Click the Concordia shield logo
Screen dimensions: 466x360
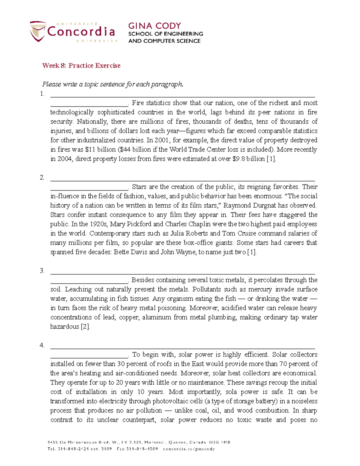click(37, 31)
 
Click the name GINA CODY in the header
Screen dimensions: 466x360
click(154, 26)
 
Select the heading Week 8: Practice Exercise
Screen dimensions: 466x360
click(81, 66)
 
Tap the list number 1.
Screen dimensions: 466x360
click(42, 94)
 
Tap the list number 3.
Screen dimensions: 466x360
click(42, 271)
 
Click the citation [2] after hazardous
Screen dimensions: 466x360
click(85, 326)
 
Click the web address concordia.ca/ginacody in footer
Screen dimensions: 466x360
click(189, 449)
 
